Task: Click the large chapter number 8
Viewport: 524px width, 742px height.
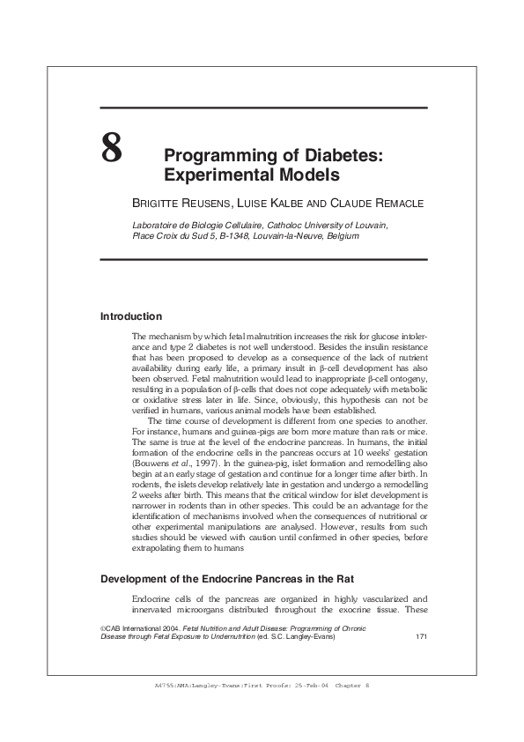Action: [112, 149]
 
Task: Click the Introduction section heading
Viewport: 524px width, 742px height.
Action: [131, 316]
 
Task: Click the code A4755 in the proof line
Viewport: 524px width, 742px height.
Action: [166, 685]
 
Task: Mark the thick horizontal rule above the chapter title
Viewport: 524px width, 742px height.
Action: [263, 108]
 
